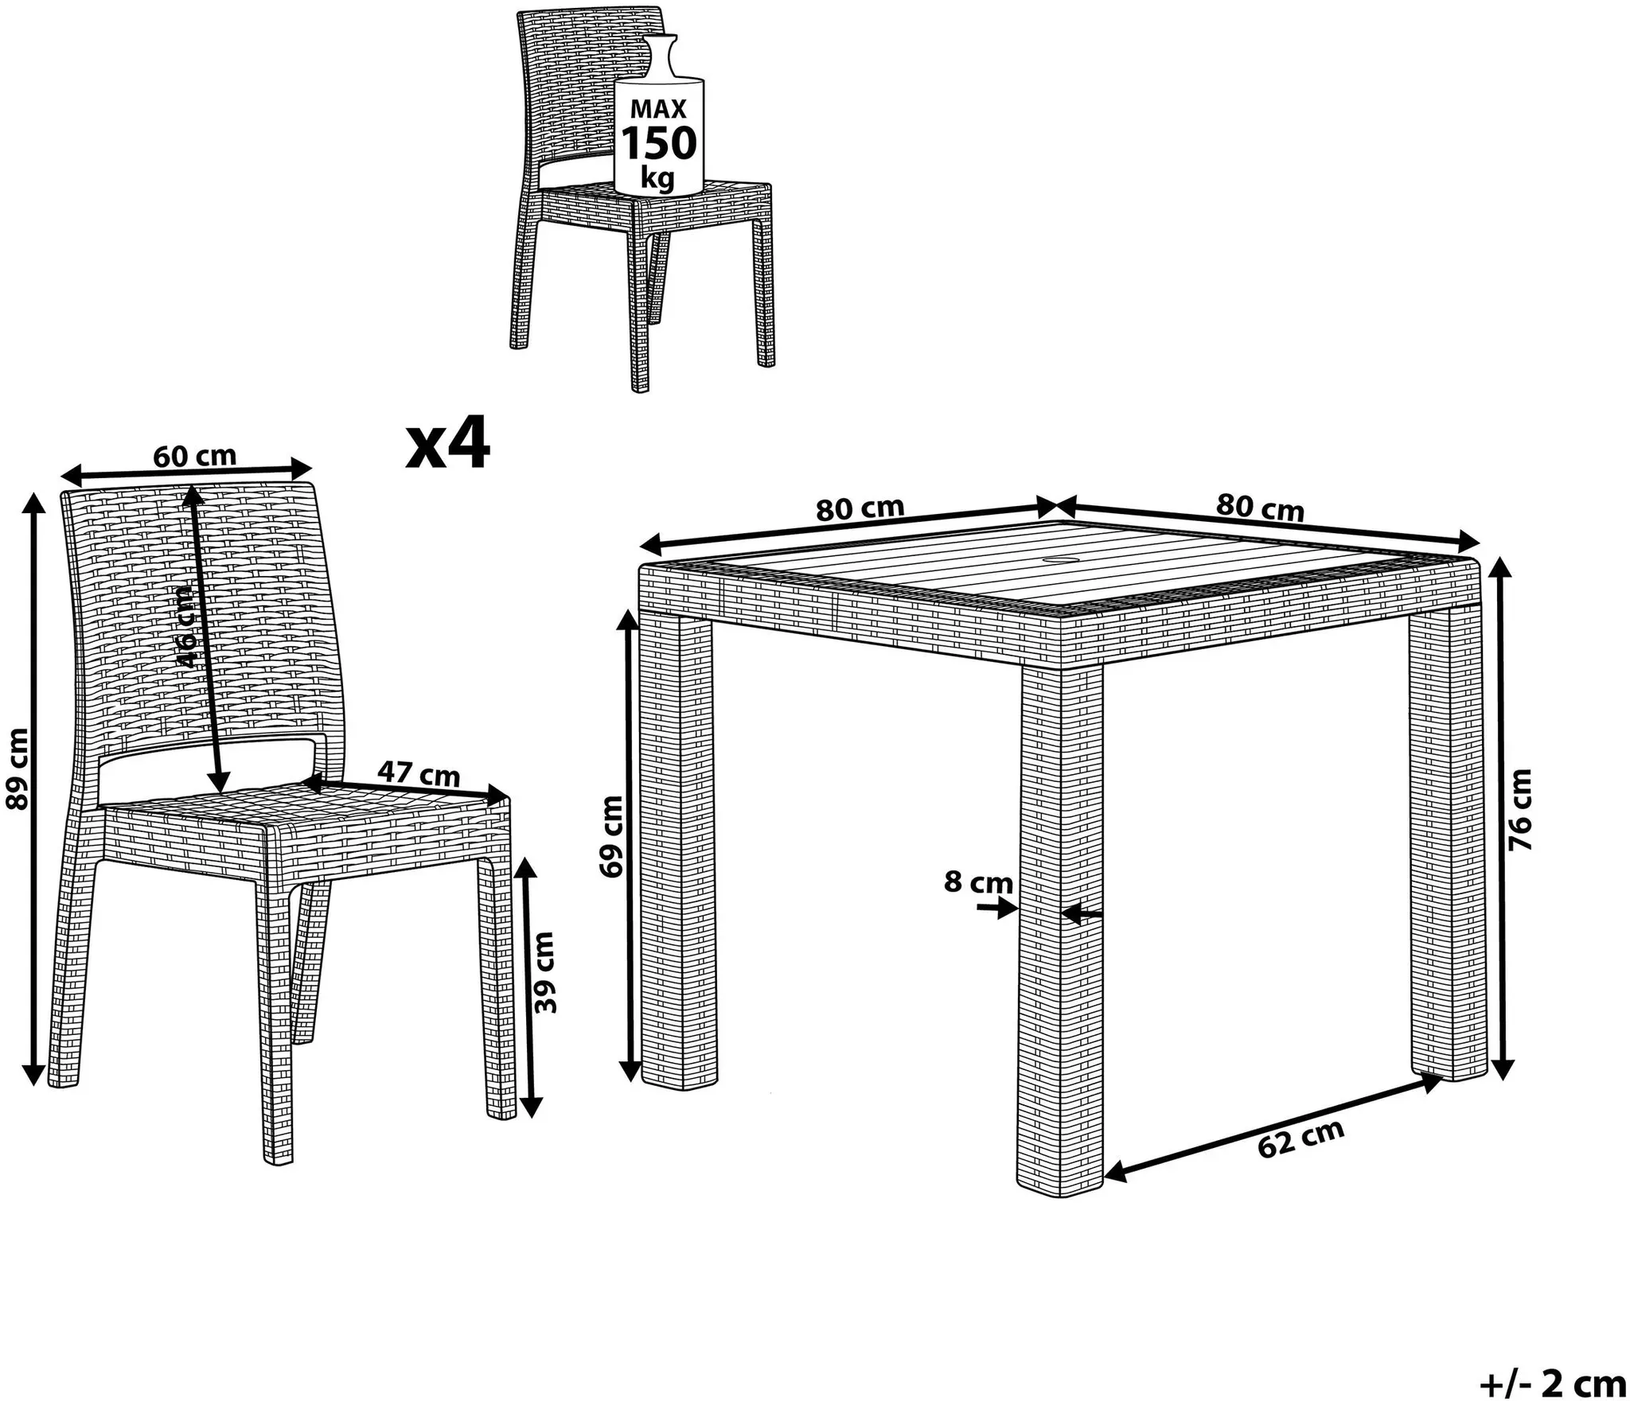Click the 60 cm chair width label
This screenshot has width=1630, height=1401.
click(195, 456)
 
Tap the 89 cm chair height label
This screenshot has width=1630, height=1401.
click(17, 769)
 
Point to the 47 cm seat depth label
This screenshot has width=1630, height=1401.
click(419, 774)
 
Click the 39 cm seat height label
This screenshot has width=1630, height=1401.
click(544, 972)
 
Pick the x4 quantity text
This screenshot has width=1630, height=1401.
click(447, 447)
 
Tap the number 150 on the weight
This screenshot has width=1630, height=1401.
click(658, 143)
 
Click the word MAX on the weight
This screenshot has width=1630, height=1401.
click(658, 109)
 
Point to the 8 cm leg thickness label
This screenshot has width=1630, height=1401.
click(978, 882)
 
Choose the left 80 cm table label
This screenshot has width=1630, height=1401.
click(860, 508)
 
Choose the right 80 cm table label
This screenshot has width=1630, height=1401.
click(1261, 508)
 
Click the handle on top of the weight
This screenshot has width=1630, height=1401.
click(659, 54)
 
